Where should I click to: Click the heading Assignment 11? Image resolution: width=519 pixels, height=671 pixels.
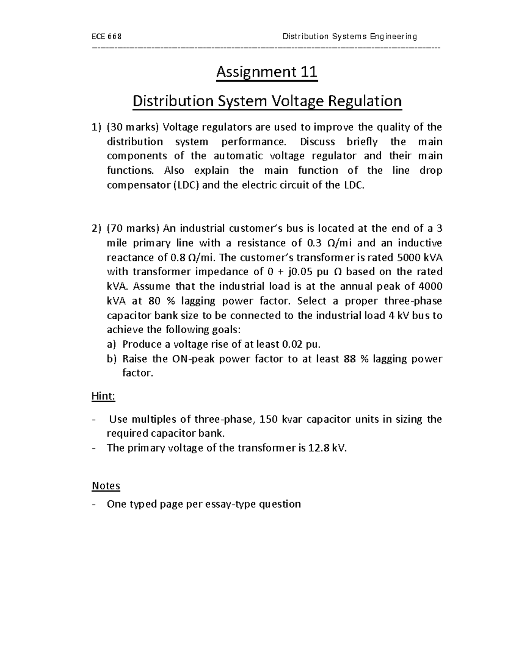(x=267, y=72)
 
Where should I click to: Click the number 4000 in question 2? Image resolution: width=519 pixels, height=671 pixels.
(x=430, y=286)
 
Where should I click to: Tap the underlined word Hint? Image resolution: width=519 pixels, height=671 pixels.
(x=103, y=396)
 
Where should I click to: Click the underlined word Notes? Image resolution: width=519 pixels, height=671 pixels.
(x=106, y=486)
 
